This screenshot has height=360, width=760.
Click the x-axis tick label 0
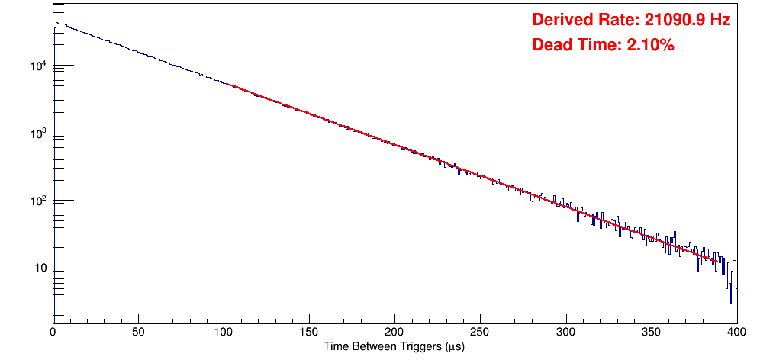pos(53,332)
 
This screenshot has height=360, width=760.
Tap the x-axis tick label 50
pos(138,332)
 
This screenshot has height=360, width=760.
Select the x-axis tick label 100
pos(224,332)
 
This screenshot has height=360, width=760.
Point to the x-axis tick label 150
pos(309,332)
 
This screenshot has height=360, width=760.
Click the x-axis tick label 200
pos(394,332)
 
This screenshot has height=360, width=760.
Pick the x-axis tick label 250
pos(480,332)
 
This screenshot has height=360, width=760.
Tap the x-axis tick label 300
pos(565,332)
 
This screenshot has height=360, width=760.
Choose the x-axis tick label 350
pos(651,332)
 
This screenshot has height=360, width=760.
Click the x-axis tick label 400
pos(734,332)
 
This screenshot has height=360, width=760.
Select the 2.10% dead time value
pos(650,46)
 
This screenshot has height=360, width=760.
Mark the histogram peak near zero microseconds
pos(56,24)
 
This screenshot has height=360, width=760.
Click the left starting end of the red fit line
pos(224,82)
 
